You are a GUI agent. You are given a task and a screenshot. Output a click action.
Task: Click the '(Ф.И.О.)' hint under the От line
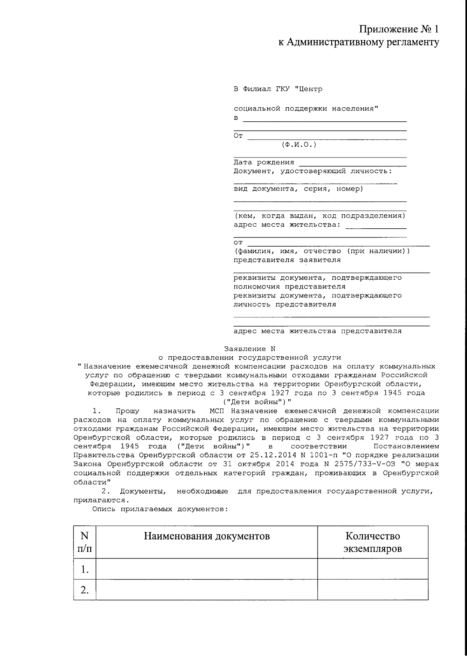point(299,145)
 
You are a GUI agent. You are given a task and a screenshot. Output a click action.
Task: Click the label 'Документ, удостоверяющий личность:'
point(313,171)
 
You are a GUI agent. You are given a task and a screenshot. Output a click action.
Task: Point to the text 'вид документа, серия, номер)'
point(298,189)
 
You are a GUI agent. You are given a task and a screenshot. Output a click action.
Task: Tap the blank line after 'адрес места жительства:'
point(376,227)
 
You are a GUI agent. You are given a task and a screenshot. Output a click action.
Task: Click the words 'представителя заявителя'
point(287,260)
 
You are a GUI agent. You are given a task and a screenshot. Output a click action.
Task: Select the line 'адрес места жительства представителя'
point(317,331)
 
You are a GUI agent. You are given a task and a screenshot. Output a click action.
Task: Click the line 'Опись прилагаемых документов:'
point(160,509)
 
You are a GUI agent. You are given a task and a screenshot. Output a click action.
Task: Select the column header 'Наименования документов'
point(207,536)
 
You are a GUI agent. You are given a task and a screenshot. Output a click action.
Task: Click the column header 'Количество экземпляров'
point(372,542)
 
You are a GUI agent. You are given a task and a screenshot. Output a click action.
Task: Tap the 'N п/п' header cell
point(84,542)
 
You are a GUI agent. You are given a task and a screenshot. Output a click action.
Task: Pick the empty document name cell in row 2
point(207,590)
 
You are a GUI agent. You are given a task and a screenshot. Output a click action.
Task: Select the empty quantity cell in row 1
point(372,569)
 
